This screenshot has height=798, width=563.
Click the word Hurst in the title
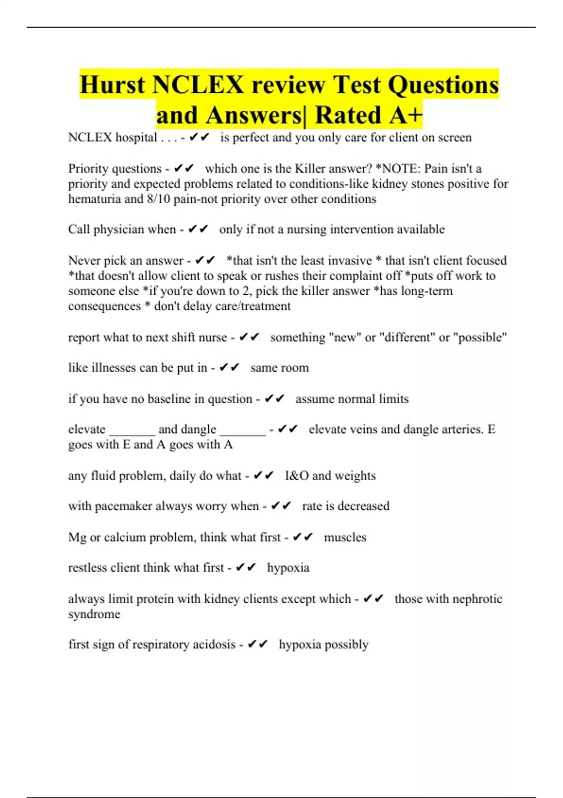click(x=112, y=85)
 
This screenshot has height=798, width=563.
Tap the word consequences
click(x=104, y=306)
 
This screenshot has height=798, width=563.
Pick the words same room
click(x=280, y=368)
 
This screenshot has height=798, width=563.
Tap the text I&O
click(x=297, y=476)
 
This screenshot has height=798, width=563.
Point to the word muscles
click(x=345, y=537)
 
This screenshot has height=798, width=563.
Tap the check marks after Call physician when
click(x=198, y=230)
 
